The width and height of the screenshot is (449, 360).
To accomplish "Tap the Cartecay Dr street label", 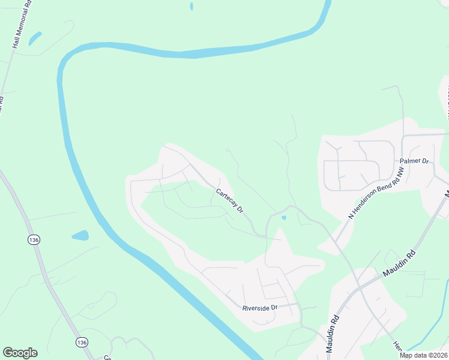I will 229,201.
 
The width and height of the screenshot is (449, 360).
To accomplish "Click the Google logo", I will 20,353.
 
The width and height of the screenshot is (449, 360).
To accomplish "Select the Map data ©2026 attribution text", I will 424,355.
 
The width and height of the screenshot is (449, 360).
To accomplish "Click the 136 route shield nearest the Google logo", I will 82,341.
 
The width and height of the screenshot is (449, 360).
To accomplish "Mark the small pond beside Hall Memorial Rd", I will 35,38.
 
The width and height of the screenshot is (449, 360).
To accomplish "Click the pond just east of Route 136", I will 80,235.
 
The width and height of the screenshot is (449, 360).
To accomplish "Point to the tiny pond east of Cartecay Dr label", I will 283,217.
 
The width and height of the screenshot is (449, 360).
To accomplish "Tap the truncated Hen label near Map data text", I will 397,346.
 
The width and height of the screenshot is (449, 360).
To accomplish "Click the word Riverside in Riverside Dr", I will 256,308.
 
